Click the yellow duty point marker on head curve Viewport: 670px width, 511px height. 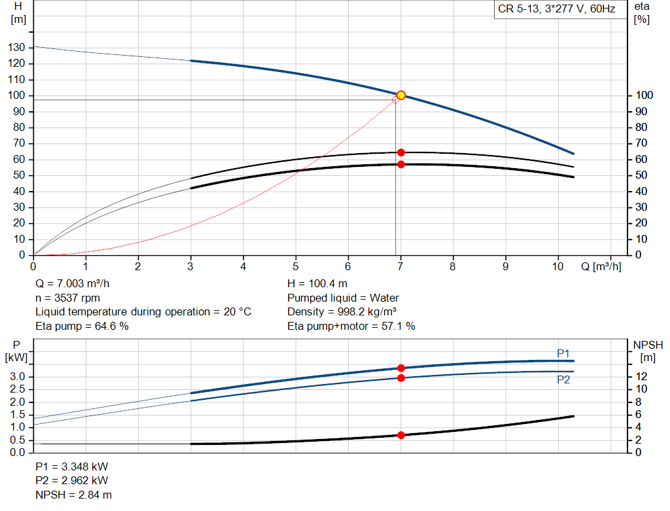coord(401,96)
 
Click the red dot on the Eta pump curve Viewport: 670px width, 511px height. coord(401,152)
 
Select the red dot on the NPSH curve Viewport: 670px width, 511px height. coord(401,435)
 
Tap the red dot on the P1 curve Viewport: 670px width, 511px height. coord(401,368)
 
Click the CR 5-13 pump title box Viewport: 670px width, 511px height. coord(556,10)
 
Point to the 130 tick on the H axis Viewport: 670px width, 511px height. coord(18,48)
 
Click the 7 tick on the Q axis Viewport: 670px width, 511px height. coord(400,267)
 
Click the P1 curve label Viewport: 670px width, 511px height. coord(563,353)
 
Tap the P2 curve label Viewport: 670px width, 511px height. coord(563,379)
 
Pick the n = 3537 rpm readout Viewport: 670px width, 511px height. coord(68,298)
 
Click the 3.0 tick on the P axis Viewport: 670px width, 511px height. coord(18,377)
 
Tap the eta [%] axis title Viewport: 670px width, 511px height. coord(642,12)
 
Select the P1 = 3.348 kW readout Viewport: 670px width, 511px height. coord(71,467)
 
